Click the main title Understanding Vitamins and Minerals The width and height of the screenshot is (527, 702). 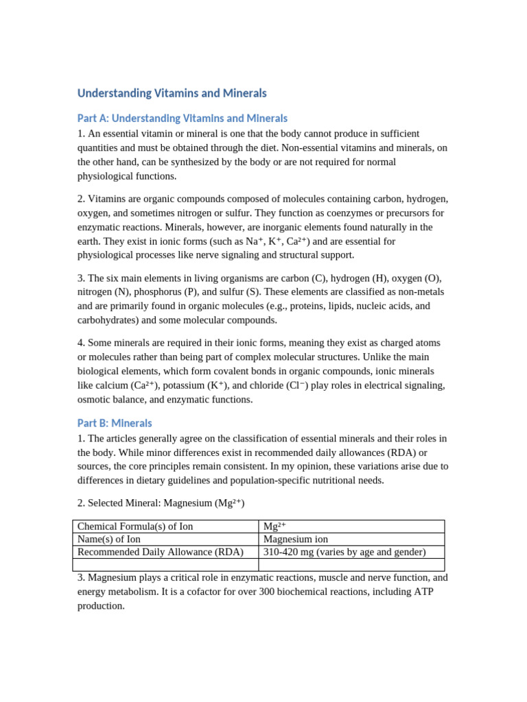click(172, 93)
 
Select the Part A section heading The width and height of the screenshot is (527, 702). click(182, 119)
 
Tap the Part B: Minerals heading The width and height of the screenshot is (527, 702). click(115, 423)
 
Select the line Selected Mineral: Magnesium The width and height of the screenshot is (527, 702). click(161, 503)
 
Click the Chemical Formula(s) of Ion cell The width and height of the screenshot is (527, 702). click(135, 526)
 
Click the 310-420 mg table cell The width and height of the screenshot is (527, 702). click(344, 552)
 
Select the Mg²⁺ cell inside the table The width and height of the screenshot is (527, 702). click(274, 526)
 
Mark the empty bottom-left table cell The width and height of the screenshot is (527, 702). click(165, 564)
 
